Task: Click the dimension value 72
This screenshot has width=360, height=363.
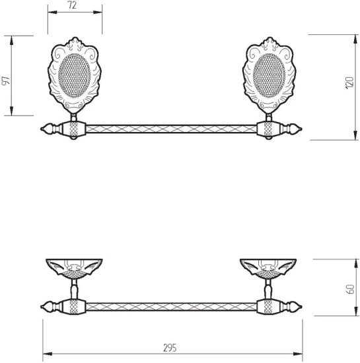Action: tap(72, 5)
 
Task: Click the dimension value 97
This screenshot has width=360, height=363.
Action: tap(6, 80)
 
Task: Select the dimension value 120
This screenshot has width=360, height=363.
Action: tap(349, 82)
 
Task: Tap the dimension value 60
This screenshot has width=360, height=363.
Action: tap(350, 289)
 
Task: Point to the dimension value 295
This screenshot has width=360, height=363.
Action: tap(170, 348)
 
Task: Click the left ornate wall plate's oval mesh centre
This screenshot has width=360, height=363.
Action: tap(75, 76)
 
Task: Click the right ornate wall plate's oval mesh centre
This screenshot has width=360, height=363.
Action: tap(270, 76)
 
